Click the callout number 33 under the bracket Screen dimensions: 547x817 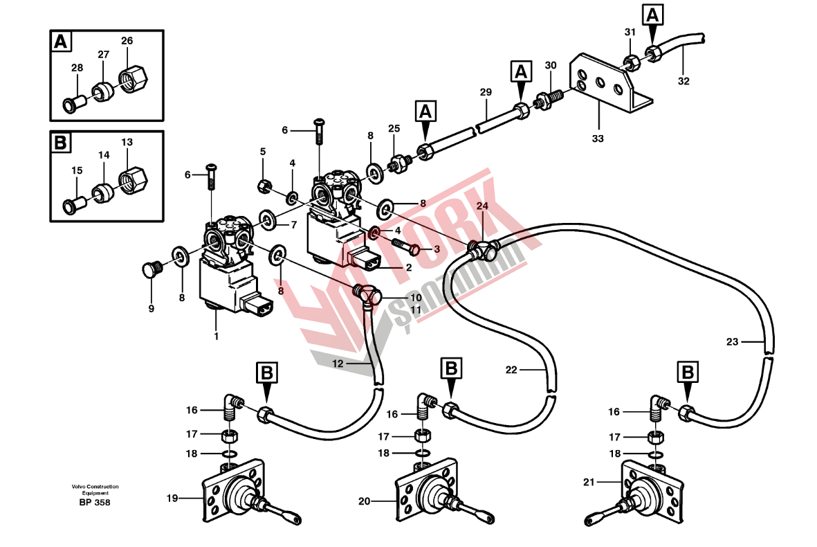598,138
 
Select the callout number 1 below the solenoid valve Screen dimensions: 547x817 216,337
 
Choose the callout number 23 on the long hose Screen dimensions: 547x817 733,341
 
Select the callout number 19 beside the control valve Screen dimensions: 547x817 172,497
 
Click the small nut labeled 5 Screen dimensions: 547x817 264,185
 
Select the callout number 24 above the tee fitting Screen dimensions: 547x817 481,206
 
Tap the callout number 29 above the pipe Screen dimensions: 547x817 485,92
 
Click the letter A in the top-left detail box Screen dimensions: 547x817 61,42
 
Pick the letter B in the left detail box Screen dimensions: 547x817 61,143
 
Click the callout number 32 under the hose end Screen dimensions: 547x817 683,81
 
